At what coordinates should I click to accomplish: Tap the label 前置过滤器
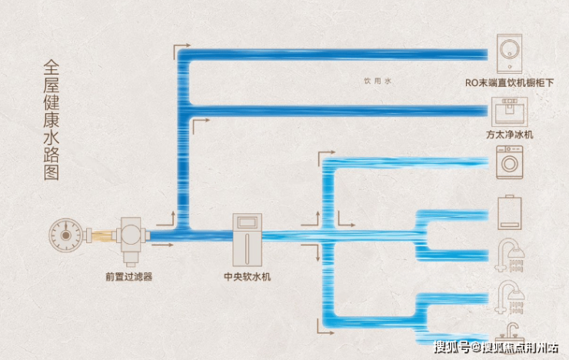coord(128,276)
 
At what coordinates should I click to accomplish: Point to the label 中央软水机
coord(247,276)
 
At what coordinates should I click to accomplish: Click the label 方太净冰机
coord(510,135)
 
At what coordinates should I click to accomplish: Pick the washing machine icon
coord(510,163)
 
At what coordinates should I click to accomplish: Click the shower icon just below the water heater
coord(510,254)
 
